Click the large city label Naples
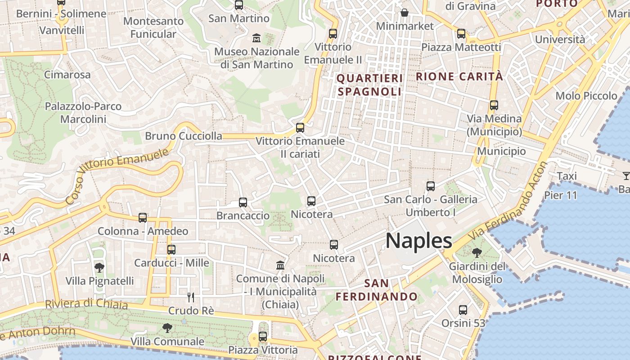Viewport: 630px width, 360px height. click(418, 241)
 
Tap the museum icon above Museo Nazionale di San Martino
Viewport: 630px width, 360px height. click(256, 38)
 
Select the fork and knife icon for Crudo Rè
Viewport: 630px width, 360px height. click(191, 297)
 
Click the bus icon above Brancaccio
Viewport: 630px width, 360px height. click(243, 202)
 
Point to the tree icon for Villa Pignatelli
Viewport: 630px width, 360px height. click(99, 268)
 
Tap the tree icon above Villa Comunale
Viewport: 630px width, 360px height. click(167, 328)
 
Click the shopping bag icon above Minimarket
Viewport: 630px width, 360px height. click(405, 13)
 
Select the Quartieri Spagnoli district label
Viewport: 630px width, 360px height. click(369, 85)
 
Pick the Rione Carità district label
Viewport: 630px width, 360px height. click(459, 76)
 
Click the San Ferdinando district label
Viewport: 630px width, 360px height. click(377, 290)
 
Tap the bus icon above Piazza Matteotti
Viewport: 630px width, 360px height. click(461, 34)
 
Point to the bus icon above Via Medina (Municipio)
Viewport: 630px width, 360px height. click(494, 105)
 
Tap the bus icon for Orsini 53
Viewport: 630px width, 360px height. click(463, 310)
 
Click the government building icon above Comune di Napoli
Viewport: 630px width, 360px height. click(280, 265)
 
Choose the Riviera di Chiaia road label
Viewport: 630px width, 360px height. click(86, 304)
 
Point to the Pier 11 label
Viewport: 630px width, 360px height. click(560, 195)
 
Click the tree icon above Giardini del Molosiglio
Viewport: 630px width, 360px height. click(477, 253)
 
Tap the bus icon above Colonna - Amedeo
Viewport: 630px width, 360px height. click(143, 218)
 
